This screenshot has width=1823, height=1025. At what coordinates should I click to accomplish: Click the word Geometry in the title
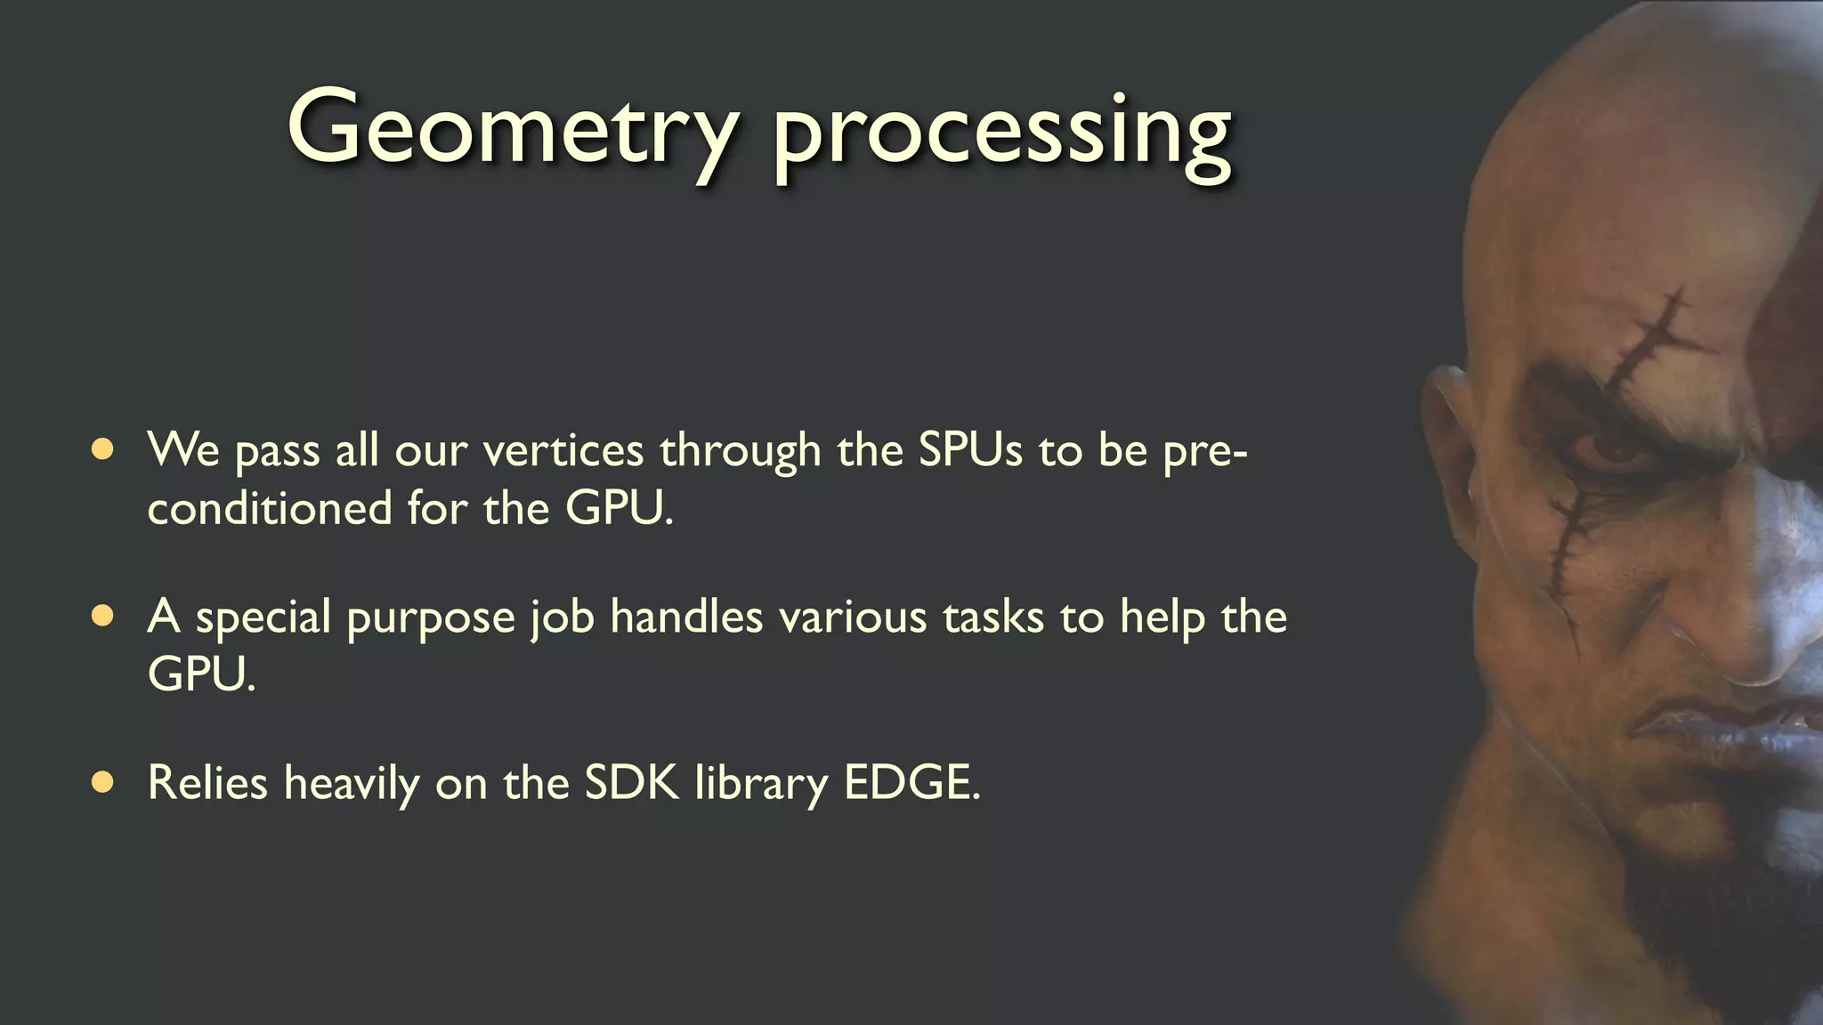pos(512,129)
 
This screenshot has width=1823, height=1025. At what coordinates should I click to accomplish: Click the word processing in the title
pos(1001,133)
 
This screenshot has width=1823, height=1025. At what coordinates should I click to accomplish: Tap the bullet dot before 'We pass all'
pos(102,449)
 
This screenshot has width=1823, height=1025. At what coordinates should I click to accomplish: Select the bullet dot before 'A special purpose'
pos(102,616)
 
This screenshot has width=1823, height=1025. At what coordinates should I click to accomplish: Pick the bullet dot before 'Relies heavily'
pos(102,782)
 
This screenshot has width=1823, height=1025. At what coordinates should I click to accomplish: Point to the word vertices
pos(563,449)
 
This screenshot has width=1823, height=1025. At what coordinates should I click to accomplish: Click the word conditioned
pos(269,508)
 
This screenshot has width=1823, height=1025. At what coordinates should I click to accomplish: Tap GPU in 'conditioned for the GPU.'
pos(618,508)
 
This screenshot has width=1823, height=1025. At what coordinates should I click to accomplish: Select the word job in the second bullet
pos(563,617)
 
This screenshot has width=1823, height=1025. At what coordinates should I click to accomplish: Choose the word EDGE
pos(910,782)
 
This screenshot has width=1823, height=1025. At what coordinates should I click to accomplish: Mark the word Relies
pos(207,782)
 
